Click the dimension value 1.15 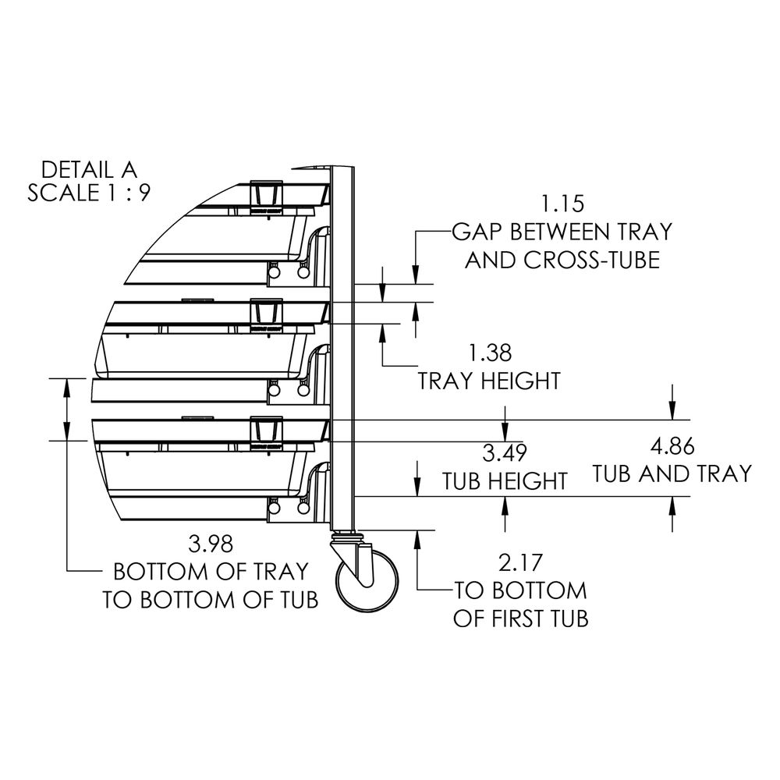[x=562, y=205]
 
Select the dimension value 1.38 [x=490, y=353]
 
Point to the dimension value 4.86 [x=672, y=446]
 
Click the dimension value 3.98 [x=211, y=543]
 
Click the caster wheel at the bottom [x=366, y=582]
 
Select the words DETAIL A [x=88, y=168]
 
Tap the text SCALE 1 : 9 [x=88, y=193]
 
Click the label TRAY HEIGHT [x=490, y=381]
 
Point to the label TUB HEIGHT [x=505, y=480]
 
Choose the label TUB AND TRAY [x=672, y=473]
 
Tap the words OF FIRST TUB [x=520, y=619]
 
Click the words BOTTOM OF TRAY [x=211, y=571]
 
